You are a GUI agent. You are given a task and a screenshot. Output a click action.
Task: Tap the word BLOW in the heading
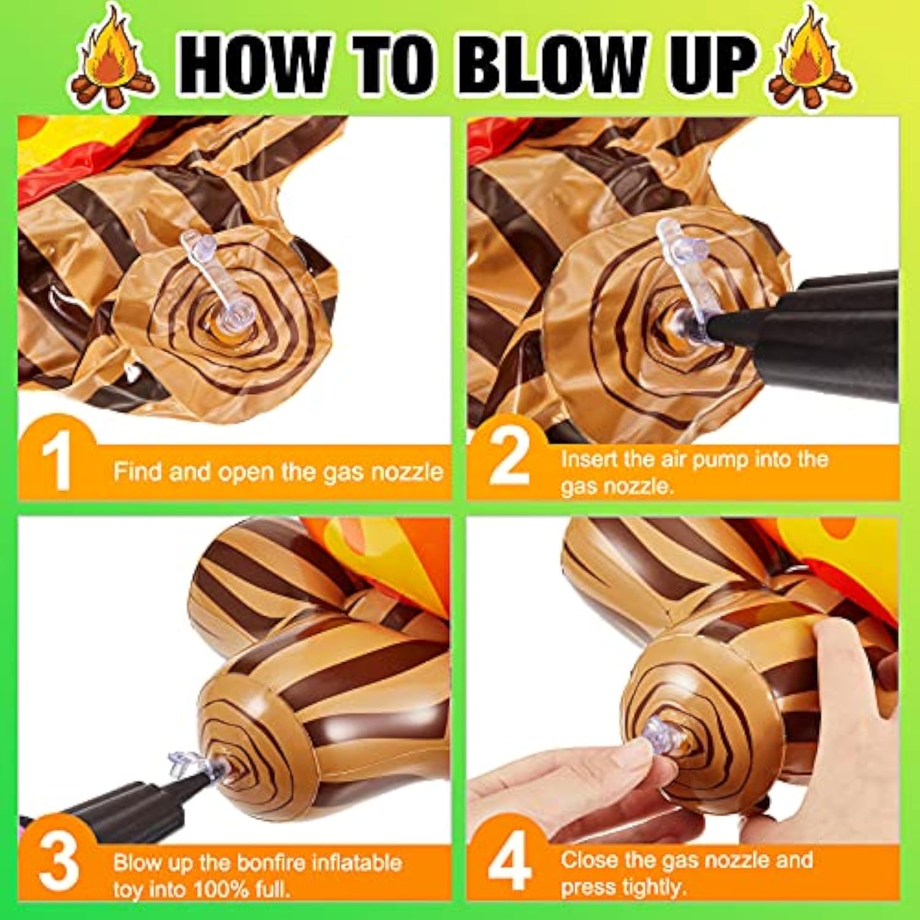click(552, 65)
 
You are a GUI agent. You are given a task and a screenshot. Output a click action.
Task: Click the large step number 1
click(56, 461)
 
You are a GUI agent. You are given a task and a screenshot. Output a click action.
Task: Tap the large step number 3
click(59, 862)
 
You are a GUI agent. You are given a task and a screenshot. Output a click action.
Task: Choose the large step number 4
click(509, 861)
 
